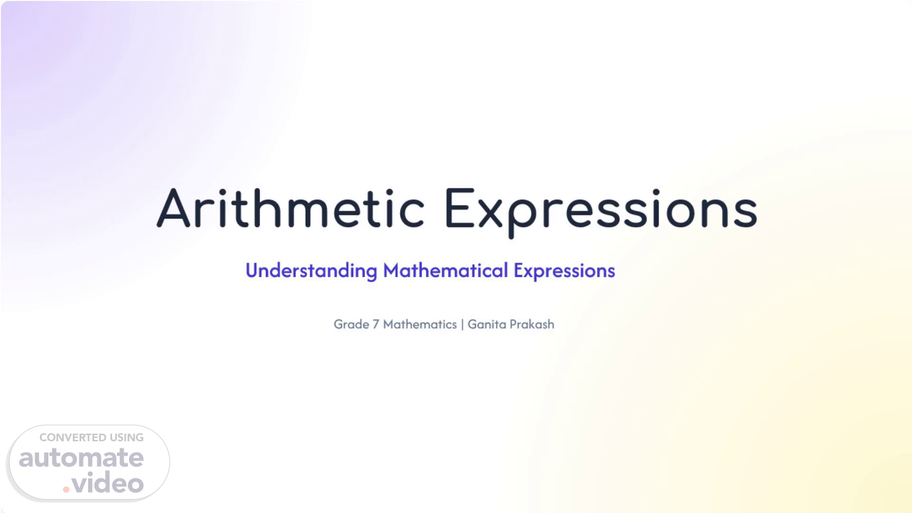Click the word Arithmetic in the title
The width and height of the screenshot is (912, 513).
click(x=291, y=208)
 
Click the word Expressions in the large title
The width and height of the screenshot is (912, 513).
click(x=601, y=212)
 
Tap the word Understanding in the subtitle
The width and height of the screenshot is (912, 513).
click(x=311, y=271)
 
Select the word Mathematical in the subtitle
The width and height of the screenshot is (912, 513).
click(x=446, y=270)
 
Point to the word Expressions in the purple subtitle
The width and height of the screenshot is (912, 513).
click(x=564, y=271)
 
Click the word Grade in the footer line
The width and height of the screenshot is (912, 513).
click(x=351, y=324)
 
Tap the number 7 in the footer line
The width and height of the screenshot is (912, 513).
click(x=376, y=324)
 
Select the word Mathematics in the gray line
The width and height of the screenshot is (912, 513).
click(x=420, y=324)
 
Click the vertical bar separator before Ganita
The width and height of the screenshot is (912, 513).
click(x=462, y=324)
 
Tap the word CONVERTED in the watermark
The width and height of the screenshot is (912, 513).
click(x=73, y=437)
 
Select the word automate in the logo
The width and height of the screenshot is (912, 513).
click(x=81, y=458)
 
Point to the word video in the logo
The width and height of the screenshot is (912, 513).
click(x=108, y=483)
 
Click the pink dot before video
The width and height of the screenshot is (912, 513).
click(x=66, y=489)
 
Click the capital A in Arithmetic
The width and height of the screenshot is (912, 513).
click(x=173, y=208)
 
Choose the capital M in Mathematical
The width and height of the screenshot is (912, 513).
click(x=392, y=270)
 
